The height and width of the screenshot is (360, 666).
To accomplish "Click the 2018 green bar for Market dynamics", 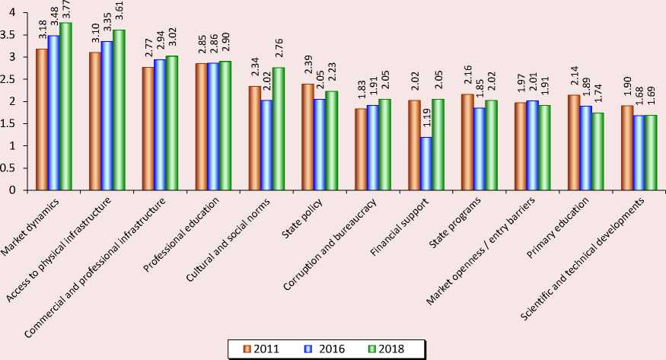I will coord(66,107).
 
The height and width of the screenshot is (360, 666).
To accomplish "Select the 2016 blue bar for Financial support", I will coord(426,164).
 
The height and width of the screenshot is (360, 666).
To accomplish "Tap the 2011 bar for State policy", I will coord(307,137).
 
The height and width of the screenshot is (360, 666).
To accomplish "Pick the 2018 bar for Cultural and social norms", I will coord(278,129).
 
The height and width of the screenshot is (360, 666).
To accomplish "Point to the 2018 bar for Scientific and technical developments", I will coord(651,152).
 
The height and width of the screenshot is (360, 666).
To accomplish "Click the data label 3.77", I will coord(66,11).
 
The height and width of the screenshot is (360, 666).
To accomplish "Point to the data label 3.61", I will coord(119,18).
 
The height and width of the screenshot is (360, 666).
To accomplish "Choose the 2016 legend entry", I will coord(322,349).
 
